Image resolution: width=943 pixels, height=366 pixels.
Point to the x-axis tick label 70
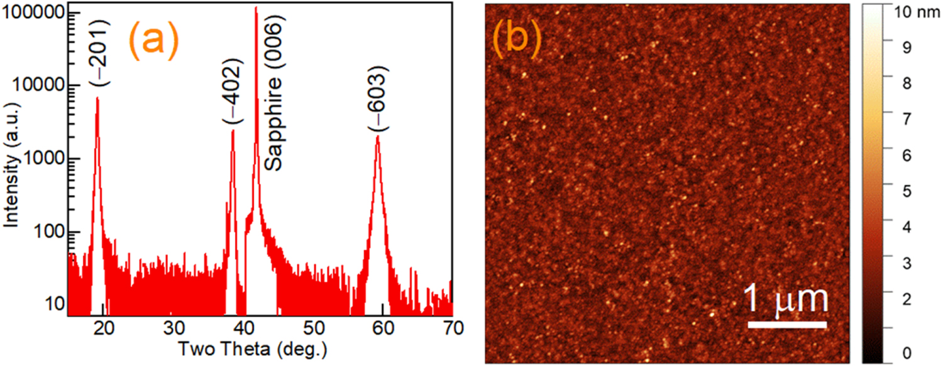coord(445,328)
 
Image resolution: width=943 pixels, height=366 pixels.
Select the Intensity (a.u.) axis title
coord(11,161)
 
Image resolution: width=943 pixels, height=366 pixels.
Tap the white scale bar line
coord(786,324)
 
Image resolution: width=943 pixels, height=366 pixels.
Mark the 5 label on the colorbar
coord(889,185)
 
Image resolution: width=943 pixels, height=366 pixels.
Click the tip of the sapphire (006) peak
coord(256,8)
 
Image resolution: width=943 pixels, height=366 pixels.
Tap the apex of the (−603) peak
coord(377,136)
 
